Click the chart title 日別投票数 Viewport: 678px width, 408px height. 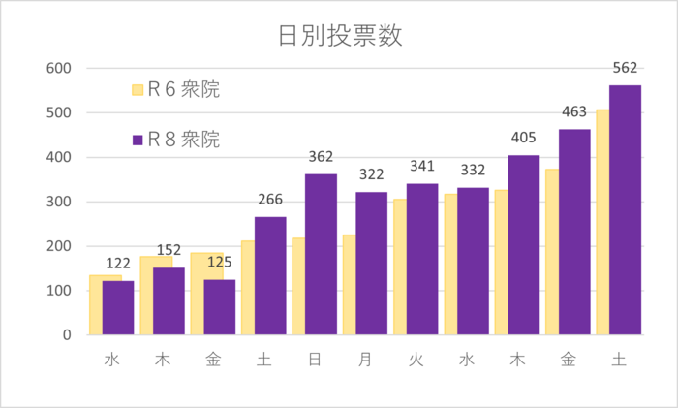339,37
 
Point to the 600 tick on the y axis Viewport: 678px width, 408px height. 58,68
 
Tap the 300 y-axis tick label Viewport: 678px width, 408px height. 58,202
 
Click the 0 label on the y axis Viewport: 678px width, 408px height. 66,335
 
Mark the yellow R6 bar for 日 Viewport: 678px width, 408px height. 298,287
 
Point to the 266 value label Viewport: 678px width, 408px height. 270,201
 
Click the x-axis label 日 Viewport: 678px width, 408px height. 315,361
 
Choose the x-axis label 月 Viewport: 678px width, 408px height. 365,361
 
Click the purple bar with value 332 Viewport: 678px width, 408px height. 473,262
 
